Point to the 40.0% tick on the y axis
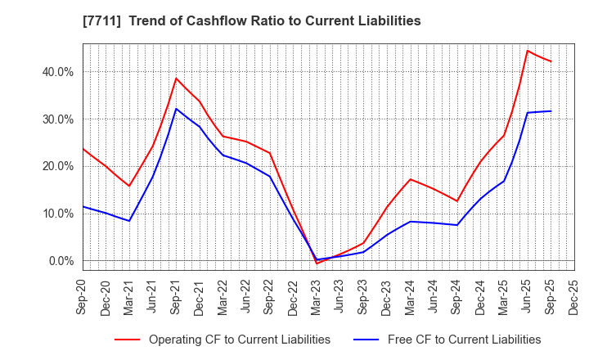[x=57, y=72]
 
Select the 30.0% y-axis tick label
[x=57, y=119]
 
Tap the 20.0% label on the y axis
[x=57, y=166]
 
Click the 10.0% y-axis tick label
[x=57, y=214]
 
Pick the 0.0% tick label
[x=61, y=261]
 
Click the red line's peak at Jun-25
[x=528, y=51]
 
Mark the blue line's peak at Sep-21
[x=177, y=109]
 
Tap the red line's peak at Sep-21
[x=177, y=79]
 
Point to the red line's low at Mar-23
[x=317, y=263]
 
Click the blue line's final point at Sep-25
[x=551, y=111]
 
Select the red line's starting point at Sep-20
[x=83, y=148]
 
